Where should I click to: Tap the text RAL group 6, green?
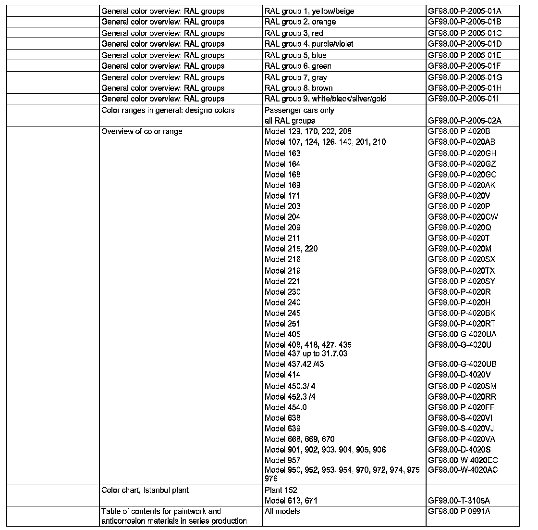[298, 66]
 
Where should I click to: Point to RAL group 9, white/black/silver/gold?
[325, 99]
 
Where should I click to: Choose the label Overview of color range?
[142, 132]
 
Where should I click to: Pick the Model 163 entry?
[282, 153]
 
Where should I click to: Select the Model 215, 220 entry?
[291, 249]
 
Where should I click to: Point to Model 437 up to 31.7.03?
[306, 353]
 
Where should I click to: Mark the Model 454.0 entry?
[285, 407]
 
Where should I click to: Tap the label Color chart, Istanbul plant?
[145, 490]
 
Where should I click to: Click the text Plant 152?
[281, 490]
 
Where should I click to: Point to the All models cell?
[282, 511]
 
